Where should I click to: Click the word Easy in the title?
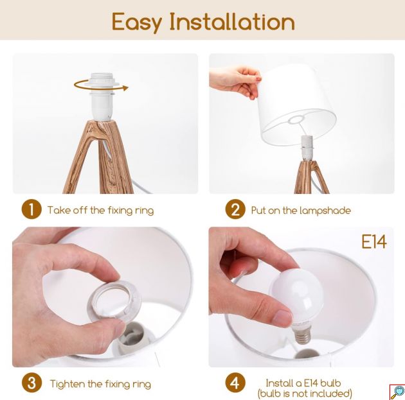click(x=137, y=22)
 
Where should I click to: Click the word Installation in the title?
click(x=232, y=22)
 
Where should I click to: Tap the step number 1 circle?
click(x=32, y=209)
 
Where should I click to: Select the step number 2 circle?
click(x=235, y=209)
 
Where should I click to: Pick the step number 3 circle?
click(x=32, y=383)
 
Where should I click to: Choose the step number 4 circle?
click(x=235, y=383)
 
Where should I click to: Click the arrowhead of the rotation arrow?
click(x=125, y=88)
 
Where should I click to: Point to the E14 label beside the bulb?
click(x=374, y=242)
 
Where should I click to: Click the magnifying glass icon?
click(x=397, y=392)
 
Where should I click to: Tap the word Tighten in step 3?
click(x=67, y=384)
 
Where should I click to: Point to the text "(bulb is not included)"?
click(x=305, y=394)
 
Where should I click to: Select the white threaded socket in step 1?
click(x=103, y=97)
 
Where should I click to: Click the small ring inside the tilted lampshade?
click(x=296, y=119)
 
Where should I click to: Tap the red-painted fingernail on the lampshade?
click(x=258, y=80)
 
